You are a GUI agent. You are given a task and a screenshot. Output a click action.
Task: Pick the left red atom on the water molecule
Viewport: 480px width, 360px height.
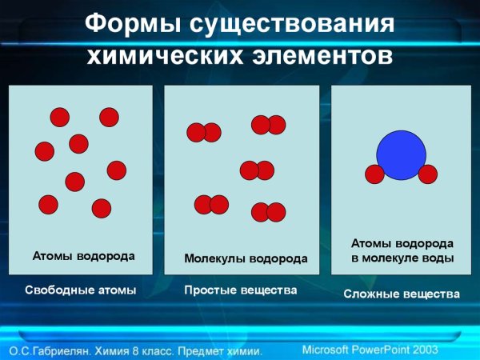click(374, 174)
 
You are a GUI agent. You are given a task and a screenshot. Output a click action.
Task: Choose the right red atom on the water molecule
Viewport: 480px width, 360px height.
click(428, 174)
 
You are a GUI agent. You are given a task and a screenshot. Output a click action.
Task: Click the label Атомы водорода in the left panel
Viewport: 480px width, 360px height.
click(83, 257)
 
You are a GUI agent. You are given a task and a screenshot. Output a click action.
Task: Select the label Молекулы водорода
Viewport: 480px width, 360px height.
click(246, 259)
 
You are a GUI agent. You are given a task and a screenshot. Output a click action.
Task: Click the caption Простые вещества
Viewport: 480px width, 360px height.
click(241, 290)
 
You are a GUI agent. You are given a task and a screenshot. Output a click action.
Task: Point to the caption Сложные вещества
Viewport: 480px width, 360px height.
click(402, 294)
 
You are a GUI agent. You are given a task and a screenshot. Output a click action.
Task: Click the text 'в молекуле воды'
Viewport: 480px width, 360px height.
click(403, 258)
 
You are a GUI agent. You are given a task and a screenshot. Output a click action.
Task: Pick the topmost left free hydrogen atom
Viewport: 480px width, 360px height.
click(60, 118)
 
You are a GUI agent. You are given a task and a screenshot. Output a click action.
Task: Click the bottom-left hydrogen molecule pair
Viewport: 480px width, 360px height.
click(211, 205)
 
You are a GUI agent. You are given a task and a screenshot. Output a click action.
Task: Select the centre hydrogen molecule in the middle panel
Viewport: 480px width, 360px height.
click(257, 170)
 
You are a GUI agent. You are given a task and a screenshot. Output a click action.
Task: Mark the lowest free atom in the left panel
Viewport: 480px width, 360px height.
click(101, 209)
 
